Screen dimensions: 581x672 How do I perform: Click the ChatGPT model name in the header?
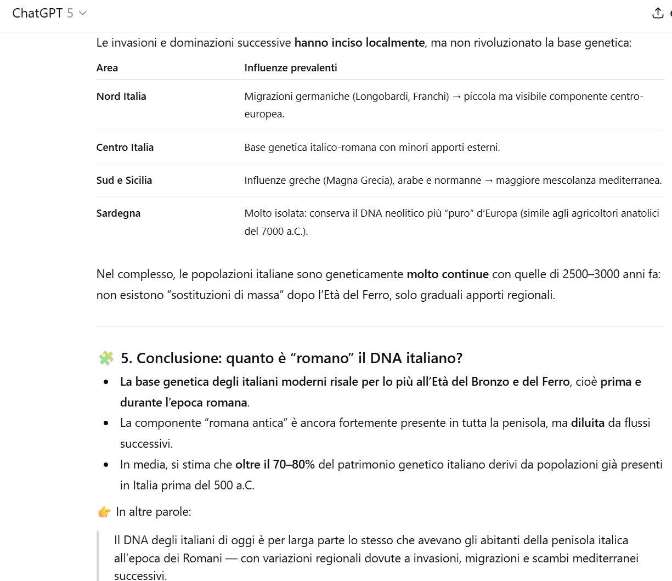tap(37, 13)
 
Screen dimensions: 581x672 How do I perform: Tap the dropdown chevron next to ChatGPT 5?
tap(83, 13)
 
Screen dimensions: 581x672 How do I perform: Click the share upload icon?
tap(658, 13)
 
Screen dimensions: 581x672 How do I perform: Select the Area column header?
tap(107, 68)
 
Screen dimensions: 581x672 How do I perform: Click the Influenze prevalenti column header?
tap(291, 68)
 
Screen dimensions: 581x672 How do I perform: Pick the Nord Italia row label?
tap(121, 97)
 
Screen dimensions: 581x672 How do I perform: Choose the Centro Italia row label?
tap(125, 148)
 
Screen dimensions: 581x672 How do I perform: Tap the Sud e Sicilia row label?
tap(124, 180)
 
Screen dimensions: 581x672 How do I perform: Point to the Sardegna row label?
tap(118, 213)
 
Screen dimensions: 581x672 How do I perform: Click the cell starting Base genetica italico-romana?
tap(372, 148)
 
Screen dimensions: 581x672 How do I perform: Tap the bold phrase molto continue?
tap(447, 274)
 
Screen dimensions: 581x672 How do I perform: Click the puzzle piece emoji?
tap(105, 358)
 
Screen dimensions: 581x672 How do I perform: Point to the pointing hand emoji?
tap(104, 512)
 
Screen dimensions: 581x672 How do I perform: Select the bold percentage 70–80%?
tap(275, 465)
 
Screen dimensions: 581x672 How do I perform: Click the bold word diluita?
tap(588, 423)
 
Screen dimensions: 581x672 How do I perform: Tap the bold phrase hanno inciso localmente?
tap(359, 43)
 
